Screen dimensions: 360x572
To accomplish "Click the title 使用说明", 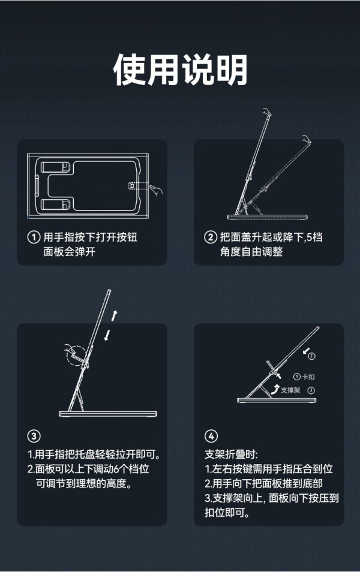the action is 180,70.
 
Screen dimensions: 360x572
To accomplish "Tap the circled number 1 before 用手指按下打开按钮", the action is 34,237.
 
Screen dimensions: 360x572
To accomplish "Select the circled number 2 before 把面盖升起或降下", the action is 211,237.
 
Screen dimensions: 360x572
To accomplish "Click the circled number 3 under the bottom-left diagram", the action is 34,436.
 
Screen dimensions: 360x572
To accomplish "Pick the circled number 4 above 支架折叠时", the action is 211,436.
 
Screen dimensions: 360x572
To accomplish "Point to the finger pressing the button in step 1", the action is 156,190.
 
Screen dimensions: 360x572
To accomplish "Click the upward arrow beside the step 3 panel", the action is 114,316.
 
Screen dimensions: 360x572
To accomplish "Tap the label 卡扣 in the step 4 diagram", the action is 308,377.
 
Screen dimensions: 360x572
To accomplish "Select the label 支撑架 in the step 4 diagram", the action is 290,390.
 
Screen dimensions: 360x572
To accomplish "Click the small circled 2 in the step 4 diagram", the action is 311,356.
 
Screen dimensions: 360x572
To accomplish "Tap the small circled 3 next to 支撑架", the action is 311,390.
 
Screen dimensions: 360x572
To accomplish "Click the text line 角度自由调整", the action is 251,252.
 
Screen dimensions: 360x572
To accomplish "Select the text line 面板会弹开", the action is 70,252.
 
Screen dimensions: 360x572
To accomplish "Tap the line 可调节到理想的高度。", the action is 84,484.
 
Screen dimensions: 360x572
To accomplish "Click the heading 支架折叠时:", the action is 231,454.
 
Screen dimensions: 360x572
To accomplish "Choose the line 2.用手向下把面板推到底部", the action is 263,484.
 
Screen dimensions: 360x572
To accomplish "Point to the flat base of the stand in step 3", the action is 108,414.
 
